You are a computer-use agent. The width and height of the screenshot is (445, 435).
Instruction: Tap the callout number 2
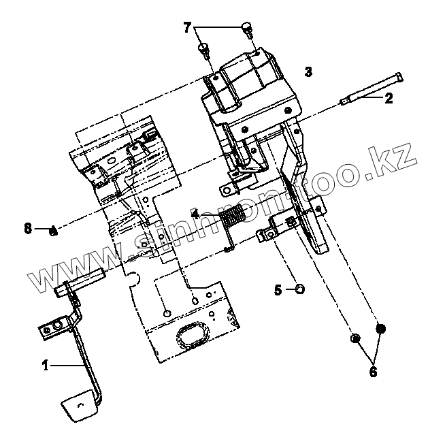click(x=389, y=99)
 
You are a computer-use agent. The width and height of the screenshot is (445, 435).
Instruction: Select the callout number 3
click(x=309, y=71)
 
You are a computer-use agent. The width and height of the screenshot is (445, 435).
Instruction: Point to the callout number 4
click(x=195, y=214)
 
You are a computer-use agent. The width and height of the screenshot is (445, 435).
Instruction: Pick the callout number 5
click(x=278, y=290)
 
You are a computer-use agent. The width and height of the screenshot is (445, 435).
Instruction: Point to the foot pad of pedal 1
click(x=81, y=406)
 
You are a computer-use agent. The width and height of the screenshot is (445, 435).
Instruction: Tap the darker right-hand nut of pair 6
click(x=381, y=329)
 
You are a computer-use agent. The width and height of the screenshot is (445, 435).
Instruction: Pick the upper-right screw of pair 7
click(x=248, y=28)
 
